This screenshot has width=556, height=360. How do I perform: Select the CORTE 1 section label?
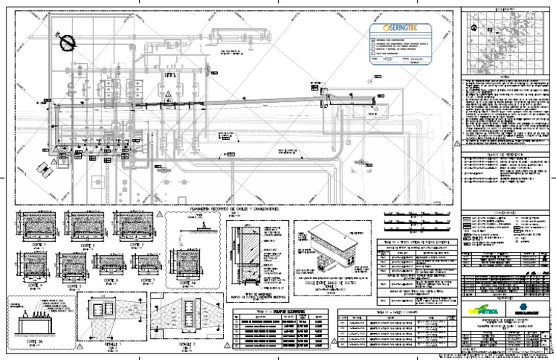[35, 246]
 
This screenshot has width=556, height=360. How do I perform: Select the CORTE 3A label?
[33, 339]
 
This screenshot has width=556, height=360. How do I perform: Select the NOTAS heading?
[505, 74]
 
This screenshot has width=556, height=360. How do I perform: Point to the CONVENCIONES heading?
[505, 212]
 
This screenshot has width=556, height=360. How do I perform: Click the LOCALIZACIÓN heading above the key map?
[505, 9]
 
